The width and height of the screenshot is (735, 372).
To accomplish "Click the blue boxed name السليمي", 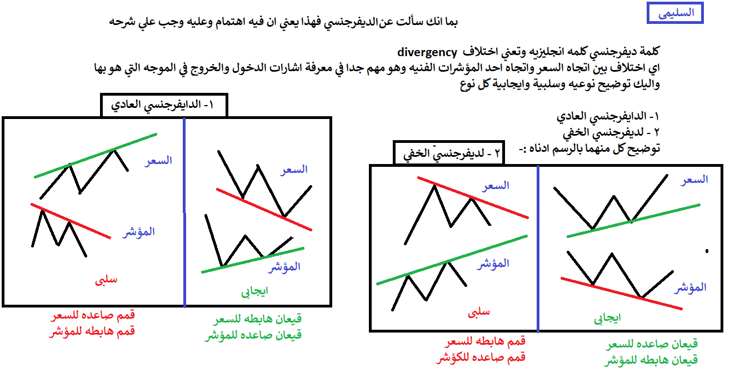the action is click(x=675, y=13).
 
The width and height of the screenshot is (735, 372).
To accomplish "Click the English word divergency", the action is click(x=427, y=52).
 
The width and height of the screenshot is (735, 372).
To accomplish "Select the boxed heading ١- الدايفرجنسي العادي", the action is click(x=164, y=105).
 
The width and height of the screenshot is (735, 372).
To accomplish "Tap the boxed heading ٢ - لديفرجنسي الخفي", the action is click(x=448, y=153).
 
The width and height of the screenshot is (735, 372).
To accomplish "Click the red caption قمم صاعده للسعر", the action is click(x=93, y=315).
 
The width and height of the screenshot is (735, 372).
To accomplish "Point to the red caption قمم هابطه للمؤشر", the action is click(x=92, y=331).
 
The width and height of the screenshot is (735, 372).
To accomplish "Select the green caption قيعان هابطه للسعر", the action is click(x=258, y=319).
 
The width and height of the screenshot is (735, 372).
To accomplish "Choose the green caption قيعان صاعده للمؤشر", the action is click(x=253, y=335).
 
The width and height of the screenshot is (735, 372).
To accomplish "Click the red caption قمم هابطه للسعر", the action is click(x=485, y=341).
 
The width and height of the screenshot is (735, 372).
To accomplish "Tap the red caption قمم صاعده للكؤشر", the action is click(x=481, y=357).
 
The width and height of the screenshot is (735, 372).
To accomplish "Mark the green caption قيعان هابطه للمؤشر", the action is click(x=651, y=360).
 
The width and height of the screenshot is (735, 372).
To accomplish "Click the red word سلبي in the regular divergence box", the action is click(x=106, y=280).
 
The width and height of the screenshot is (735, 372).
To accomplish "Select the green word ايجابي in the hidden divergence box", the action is click(x=607, y=318).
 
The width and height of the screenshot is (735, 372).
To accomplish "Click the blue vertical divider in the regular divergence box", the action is click(x=184, y=212).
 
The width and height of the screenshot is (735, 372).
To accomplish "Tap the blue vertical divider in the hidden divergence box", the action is click(x=538, y=249).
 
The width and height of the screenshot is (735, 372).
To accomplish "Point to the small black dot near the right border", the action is click(x=707, y=251).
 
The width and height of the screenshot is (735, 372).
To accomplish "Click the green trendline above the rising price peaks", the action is click(x=96, y=156).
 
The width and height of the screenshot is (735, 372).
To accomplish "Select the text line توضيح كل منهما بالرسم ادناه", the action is click(x=589, y=148).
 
